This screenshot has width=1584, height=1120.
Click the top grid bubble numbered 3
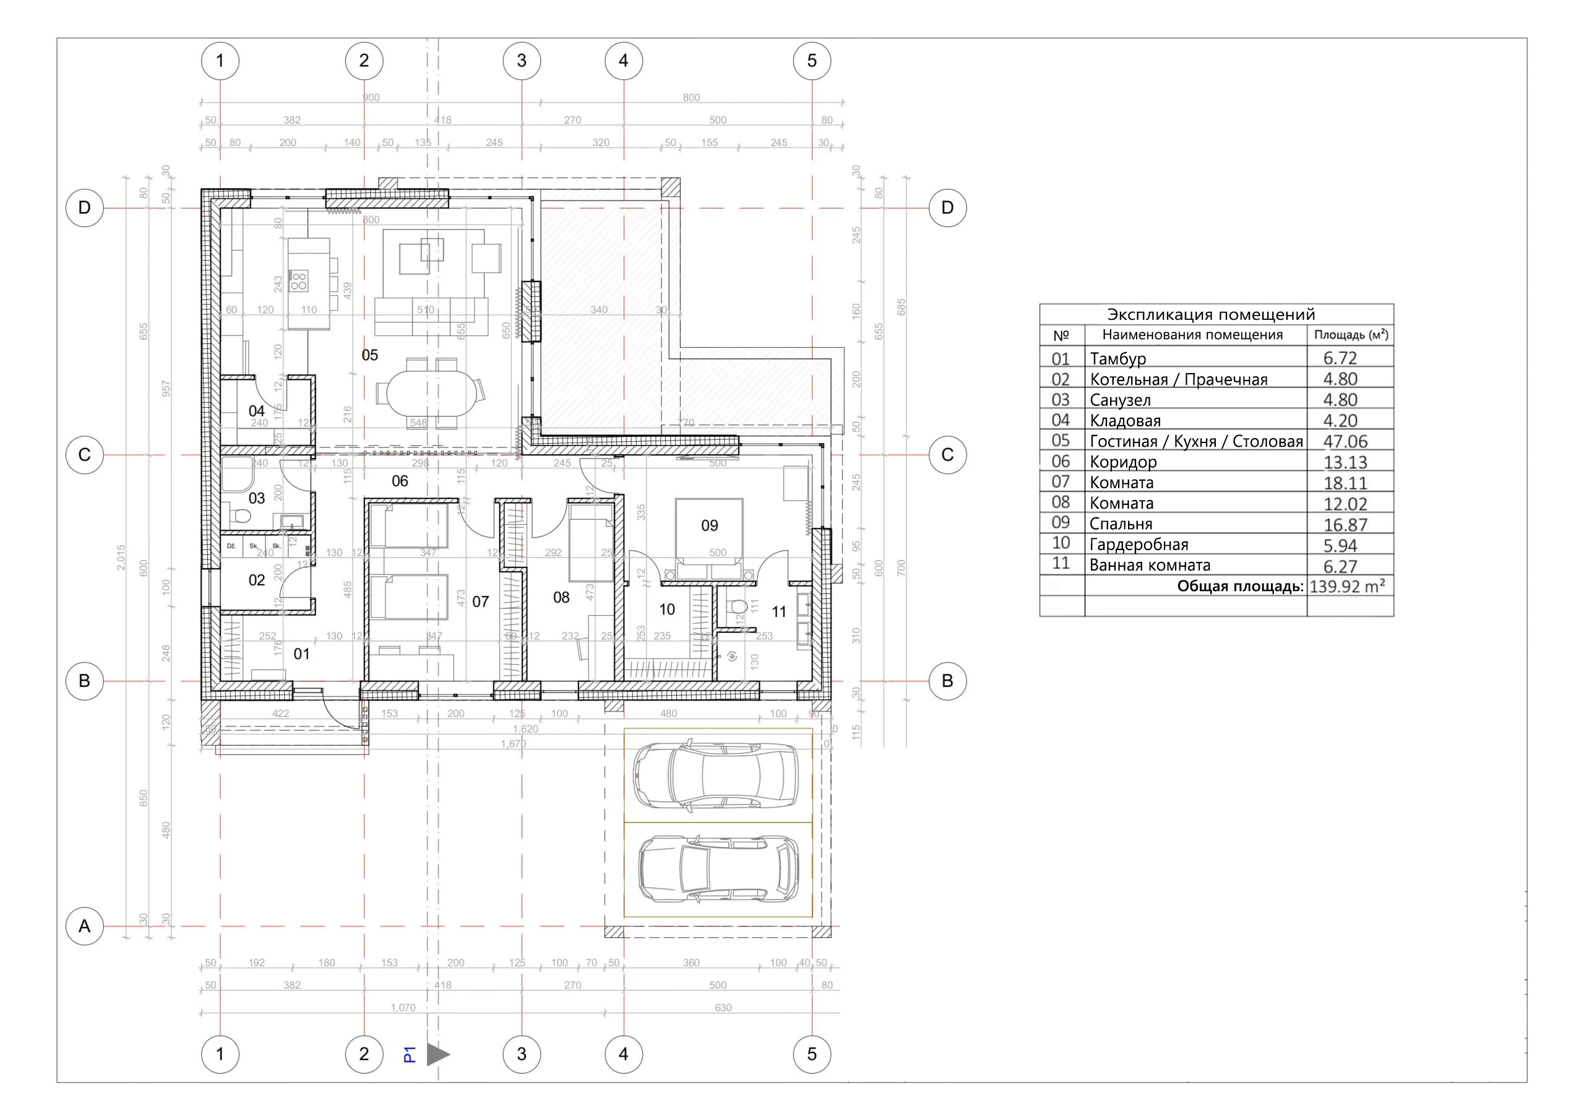tap(522, 61)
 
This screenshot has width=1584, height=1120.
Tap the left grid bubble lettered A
tap(84, 926)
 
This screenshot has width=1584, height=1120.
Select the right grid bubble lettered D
tap(947, 208)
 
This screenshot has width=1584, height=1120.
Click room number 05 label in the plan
tap(370, 355)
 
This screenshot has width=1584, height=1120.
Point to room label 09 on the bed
tap(709, 526)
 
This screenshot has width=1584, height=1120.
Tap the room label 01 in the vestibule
tap(301, 654)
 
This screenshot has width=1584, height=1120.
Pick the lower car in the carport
tap(718, 869)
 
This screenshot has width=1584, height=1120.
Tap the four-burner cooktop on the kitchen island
tap(299, 280)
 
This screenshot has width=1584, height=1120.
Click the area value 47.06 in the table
tap(1345, 442)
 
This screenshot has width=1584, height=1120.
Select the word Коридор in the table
tap(1122, 462)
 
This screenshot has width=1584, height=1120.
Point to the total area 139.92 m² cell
tap(1346, 587)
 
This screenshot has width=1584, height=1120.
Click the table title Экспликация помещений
tap(1211, 315)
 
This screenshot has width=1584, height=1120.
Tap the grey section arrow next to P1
tap(437, 1054)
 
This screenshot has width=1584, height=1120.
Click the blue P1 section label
tap(409, 1054)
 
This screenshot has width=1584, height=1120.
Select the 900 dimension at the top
tap(371, 98)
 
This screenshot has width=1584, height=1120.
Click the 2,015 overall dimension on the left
tap(121, 558)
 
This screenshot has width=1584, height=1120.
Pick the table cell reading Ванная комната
tap(1150, 565)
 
